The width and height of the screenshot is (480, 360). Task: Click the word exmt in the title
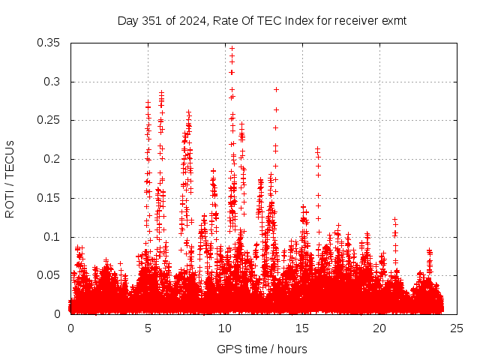click(x=393, y=21)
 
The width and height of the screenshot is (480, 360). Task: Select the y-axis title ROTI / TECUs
click(x=10, y=178)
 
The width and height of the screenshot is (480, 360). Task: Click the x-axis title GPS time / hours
click(x=262, y=349)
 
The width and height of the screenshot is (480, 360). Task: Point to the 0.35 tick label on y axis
click(x=50, y=43)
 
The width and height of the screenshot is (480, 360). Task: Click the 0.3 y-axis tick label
click(x=54, y=82)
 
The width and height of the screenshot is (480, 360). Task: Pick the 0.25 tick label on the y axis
click(x=50, y=120)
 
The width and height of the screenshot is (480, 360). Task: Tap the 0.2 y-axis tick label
click(x=54, y=159)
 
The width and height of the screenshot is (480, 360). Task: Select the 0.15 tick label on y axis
click(x=50, y=198)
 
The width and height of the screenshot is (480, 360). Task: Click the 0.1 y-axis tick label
click(x=54, y=237)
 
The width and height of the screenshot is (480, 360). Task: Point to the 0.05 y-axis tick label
click(x=50, y=275)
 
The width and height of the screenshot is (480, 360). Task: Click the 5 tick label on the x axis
click(x=148, y=328)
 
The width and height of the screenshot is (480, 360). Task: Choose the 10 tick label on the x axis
click(x=225, y=328)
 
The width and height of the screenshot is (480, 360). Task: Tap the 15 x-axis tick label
click(x=302, y=328)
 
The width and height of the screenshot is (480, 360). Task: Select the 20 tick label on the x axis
click(x=379, y=328)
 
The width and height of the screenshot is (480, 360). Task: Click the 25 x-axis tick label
click(x=457, y=328)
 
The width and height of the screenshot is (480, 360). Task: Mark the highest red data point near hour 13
click(x=276, y=89)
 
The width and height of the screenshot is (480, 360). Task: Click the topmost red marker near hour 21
click(x=394, y=219)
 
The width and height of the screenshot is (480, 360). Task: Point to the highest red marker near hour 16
click(x=317, y=148)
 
